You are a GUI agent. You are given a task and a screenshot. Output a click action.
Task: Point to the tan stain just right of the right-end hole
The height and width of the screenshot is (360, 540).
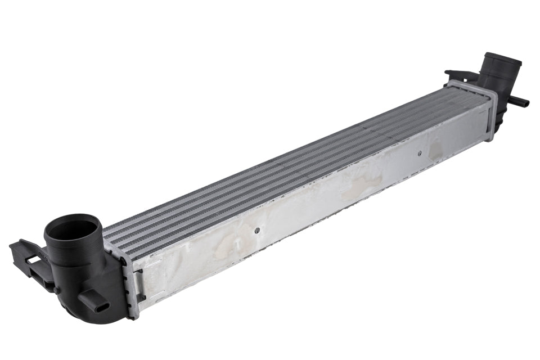point(436,149)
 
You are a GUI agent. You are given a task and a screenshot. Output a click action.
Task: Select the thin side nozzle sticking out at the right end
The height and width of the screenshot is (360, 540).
point(518,101)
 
